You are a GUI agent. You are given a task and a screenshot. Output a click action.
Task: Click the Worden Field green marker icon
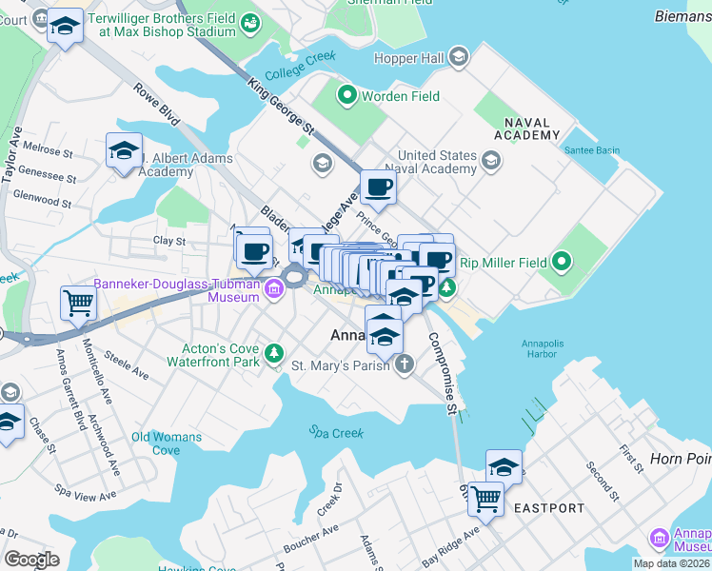click(346, 95)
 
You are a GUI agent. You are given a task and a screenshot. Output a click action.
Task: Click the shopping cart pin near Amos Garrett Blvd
click(78, 304)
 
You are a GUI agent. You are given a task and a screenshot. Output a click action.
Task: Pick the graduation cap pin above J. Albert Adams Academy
click(124, 151)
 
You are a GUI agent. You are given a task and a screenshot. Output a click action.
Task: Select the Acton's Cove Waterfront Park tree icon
click(274, 354)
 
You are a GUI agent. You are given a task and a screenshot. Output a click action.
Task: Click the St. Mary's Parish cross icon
click(405, 364)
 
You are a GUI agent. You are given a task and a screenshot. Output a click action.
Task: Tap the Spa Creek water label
click(331, 431)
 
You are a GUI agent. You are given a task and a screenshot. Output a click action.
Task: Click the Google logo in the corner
click(30, 559)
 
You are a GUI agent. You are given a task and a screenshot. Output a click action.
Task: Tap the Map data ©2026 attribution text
click(670, 563)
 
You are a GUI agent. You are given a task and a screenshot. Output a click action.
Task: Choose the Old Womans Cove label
click(167, 443)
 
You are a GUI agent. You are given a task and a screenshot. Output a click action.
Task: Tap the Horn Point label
click(680, 459)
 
